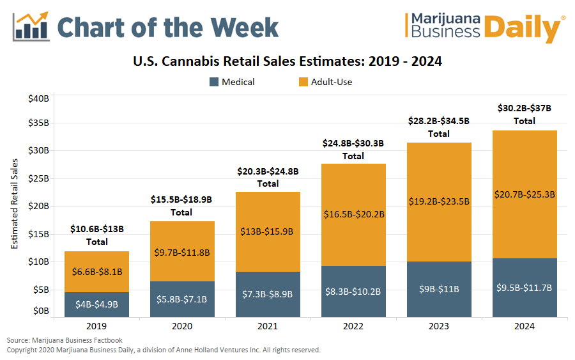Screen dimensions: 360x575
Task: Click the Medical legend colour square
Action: click(x=214, y=82)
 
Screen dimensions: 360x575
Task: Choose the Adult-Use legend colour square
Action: click(x=303, y=82)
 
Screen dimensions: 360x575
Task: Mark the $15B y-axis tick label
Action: click(x=38, y=234)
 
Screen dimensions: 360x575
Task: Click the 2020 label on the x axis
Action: click(x=182, y=327)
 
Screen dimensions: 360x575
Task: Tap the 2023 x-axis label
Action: click(x=438, y=327)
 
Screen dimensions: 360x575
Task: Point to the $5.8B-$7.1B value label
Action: click(x=182, y=298)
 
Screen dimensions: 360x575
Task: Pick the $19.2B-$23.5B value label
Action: click(x=439, y=201)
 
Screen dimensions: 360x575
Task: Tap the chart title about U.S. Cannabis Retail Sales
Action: click(x=287, y=62)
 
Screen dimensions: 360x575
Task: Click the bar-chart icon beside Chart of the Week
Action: click(x=32, y=26)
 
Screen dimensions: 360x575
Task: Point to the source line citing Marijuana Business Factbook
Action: click(x=65, y=340)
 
